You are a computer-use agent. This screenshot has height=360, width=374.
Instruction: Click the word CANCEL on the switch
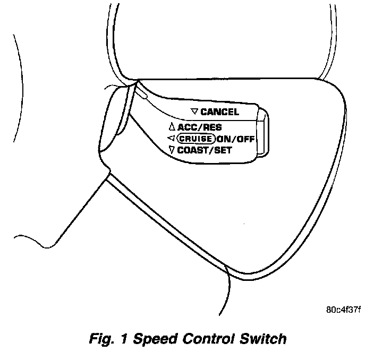(x=219, y=112)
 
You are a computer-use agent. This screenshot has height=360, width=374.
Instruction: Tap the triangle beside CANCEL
(x=194, y=112)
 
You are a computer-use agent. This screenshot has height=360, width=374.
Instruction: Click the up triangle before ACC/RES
(x=171, y=127)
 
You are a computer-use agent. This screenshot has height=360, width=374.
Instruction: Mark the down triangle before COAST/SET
(x=171, y=150)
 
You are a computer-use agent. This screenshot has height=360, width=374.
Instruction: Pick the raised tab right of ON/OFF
(x=263, y=134)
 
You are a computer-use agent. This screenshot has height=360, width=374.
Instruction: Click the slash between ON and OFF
(x=234, y=139)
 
